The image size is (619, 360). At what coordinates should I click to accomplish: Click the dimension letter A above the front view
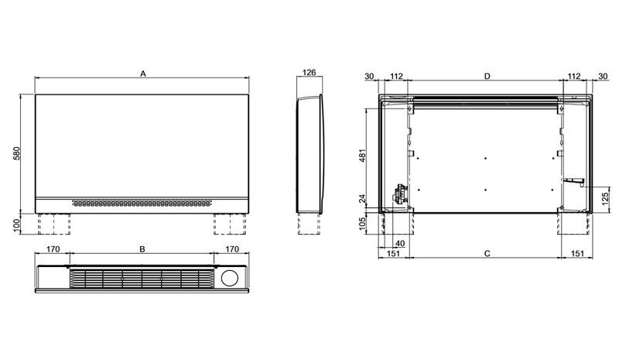[x=143, y=74]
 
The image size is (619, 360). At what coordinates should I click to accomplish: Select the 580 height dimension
[x=16, y=153]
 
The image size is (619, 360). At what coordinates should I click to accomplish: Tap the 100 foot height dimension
[x=16, y=225]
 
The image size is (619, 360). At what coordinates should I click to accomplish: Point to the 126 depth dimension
[x=309, y=72]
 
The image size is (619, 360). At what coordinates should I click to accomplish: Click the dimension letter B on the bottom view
[x=142, y=249]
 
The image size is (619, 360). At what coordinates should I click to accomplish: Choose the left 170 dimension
[x=53, y=249]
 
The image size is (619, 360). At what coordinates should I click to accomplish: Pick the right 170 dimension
[x=232, y=249]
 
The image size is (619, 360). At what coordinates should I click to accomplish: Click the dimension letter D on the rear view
[x=487, y=76]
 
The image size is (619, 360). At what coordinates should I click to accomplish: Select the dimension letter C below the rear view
[x=487, y=253]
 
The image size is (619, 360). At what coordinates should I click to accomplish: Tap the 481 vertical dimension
[x=363, y=156]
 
